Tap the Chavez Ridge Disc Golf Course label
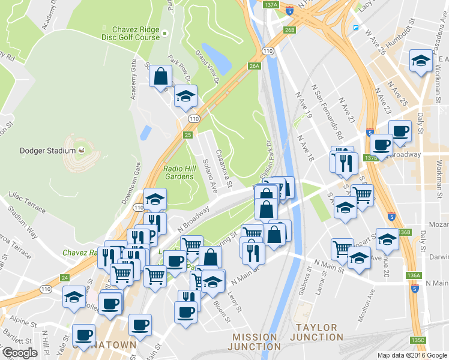(136, 33)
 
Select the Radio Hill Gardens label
(179, 172)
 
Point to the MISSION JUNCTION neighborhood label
(256, 341)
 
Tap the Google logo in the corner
(20, 353)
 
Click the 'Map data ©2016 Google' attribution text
(412, 355)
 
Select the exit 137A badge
(271, 5)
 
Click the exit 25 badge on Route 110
(188, 136)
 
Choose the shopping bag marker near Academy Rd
(160, 76)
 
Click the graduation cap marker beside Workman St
(420, 61)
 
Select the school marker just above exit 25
(186, 96)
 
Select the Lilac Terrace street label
(26, 203)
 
